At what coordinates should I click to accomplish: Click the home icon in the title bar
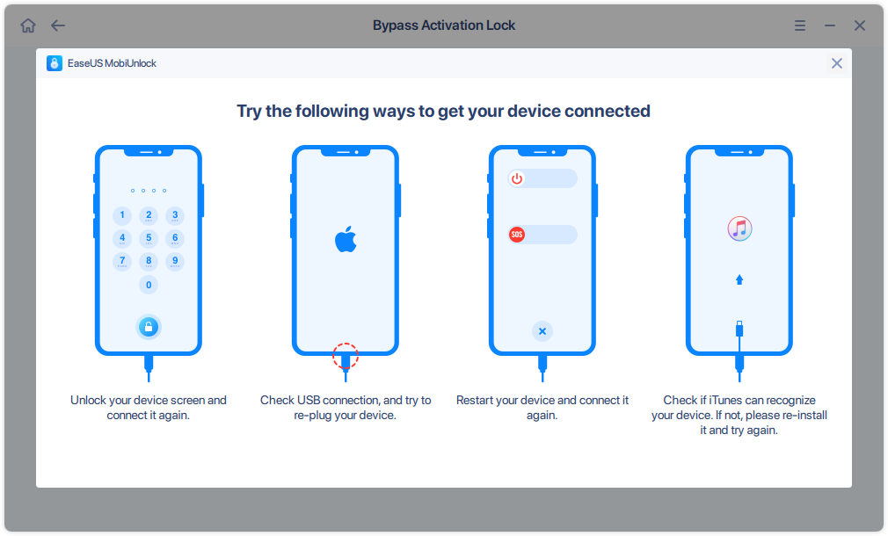(28, 25)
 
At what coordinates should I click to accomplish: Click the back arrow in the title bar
(58, 25)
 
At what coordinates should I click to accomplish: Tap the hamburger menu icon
(800, 25)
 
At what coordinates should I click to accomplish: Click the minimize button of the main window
(830, 25)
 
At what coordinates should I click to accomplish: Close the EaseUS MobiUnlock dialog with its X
(837, 63)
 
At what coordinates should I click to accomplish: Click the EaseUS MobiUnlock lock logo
(55, 63)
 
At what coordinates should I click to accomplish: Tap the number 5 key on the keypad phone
(149, 238)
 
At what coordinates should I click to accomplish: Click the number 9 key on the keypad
(175, 261)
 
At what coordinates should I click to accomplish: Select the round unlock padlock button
(149, 328)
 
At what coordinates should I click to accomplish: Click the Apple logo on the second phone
(346, 239)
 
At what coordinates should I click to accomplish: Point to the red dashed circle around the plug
(346, 356)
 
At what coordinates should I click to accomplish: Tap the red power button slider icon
(517, 178)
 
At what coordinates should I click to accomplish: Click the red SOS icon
(517, 235)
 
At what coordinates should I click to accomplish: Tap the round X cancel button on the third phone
(542, 331)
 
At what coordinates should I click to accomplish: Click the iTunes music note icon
(739, 228)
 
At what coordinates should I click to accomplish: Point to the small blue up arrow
(739, 279)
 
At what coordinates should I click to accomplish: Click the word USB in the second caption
(311, 401)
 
